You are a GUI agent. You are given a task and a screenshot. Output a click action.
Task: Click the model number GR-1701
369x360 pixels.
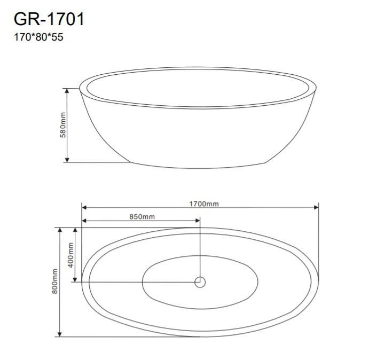pos(49,19)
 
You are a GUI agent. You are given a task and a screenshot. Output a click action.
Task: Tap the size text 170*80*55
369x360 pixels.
pos(38,37)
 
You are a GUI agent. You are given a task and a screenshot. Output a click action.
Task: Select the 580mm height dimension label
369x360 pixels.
pos(63,125)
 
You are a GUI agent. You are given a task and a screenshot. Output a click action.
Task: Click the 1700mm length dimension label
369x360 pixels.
pos(204,204)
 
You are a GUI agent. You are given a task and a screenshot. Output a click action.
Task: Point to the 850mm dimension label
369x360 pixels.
pos(142,217)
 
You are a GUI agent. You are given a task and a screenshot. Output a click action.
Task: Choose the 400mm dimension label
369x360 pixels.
pos(70,255)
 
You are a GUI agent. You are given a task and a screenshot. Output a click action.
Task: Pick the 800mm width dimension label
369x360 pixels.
pos(54,281)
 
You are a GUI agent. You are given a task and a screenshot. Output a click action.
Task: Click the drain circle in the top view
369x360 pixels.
pos(200,282)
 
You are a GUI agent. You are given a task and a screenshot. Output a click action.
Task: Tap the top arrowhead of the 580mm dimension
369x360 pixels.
pos(67,91)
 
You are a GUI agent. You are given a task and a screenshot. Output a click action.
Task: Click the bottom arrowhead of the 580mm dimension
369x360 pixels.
pos(67,160)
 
